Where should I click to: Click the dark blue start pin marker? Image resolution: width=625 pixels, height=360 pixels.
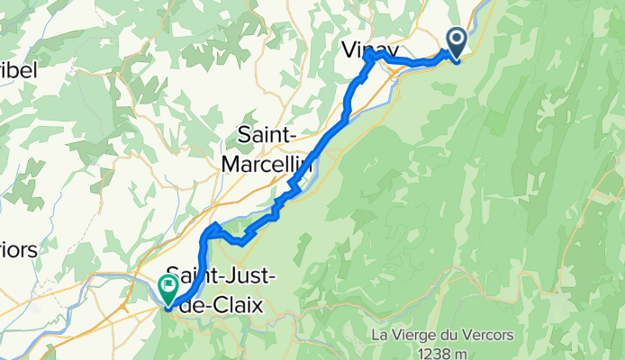(x=456, y=41)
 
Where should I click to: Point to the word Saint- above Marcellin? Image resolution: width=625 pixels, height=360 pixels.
(x=267, y=135)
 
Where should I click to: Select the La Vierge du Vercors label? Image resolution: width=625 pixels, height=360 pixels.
(x=442, y=335)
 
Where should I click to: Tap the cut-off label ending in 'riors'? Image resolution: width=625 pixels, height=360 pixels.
(x=18, y=249)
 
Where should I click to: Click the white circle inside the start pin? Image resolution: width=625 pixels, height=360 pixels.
(x=456, y=38)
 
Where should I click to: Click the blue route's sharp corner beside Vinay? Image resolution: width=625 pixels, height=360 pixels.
(x=369, y=57)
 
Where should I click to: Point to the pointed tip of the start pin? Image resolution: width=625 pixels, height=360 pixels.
(x=456, y=61)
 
